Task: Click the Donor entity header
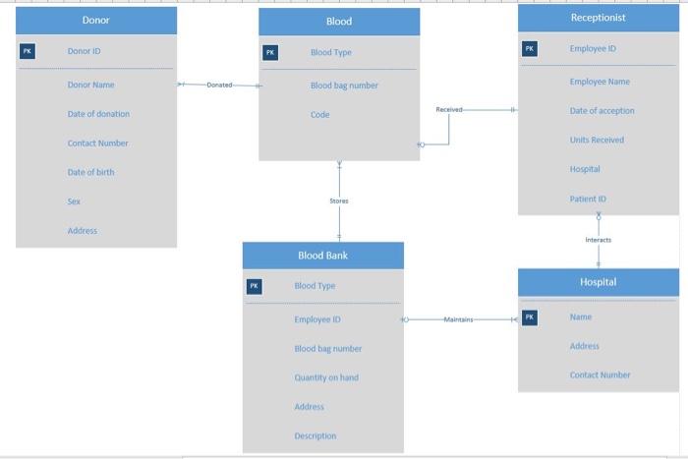(x=95, y=20)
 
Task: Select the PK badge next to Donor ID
(x=27, y=51)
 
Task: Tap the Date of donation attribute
(x=98, y=114)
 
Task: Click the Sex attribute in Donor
(x=74, y=201)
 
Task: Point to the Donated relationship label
(x=220, y=86)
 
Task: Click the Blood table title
(x=339, y=22)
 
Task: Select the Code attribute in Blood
(x=319, y=115)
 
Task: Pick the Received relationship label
(x=448, y=110)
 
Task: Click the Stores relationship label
(x=339, y=201)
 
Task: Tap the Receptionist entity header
(x=598, y=18)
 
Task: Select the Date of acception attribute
(x=602, y=111)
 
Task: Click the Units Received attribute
(x=597, y=140)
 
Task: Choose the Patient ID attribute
(x=588, y=199)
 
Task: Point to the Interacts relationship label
(x=598, y=240)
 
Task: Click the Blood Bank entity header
(x=322, y=256)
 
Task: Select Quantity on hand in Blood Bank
(x=325, y=377)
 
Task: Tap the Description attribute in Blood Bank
(x=315, y=435)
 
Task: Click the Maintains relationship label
(x=458, y=319)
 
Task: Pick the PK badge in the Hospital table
(x=530, y=317)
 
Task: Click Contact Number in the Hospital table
(x=600, y=374)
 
